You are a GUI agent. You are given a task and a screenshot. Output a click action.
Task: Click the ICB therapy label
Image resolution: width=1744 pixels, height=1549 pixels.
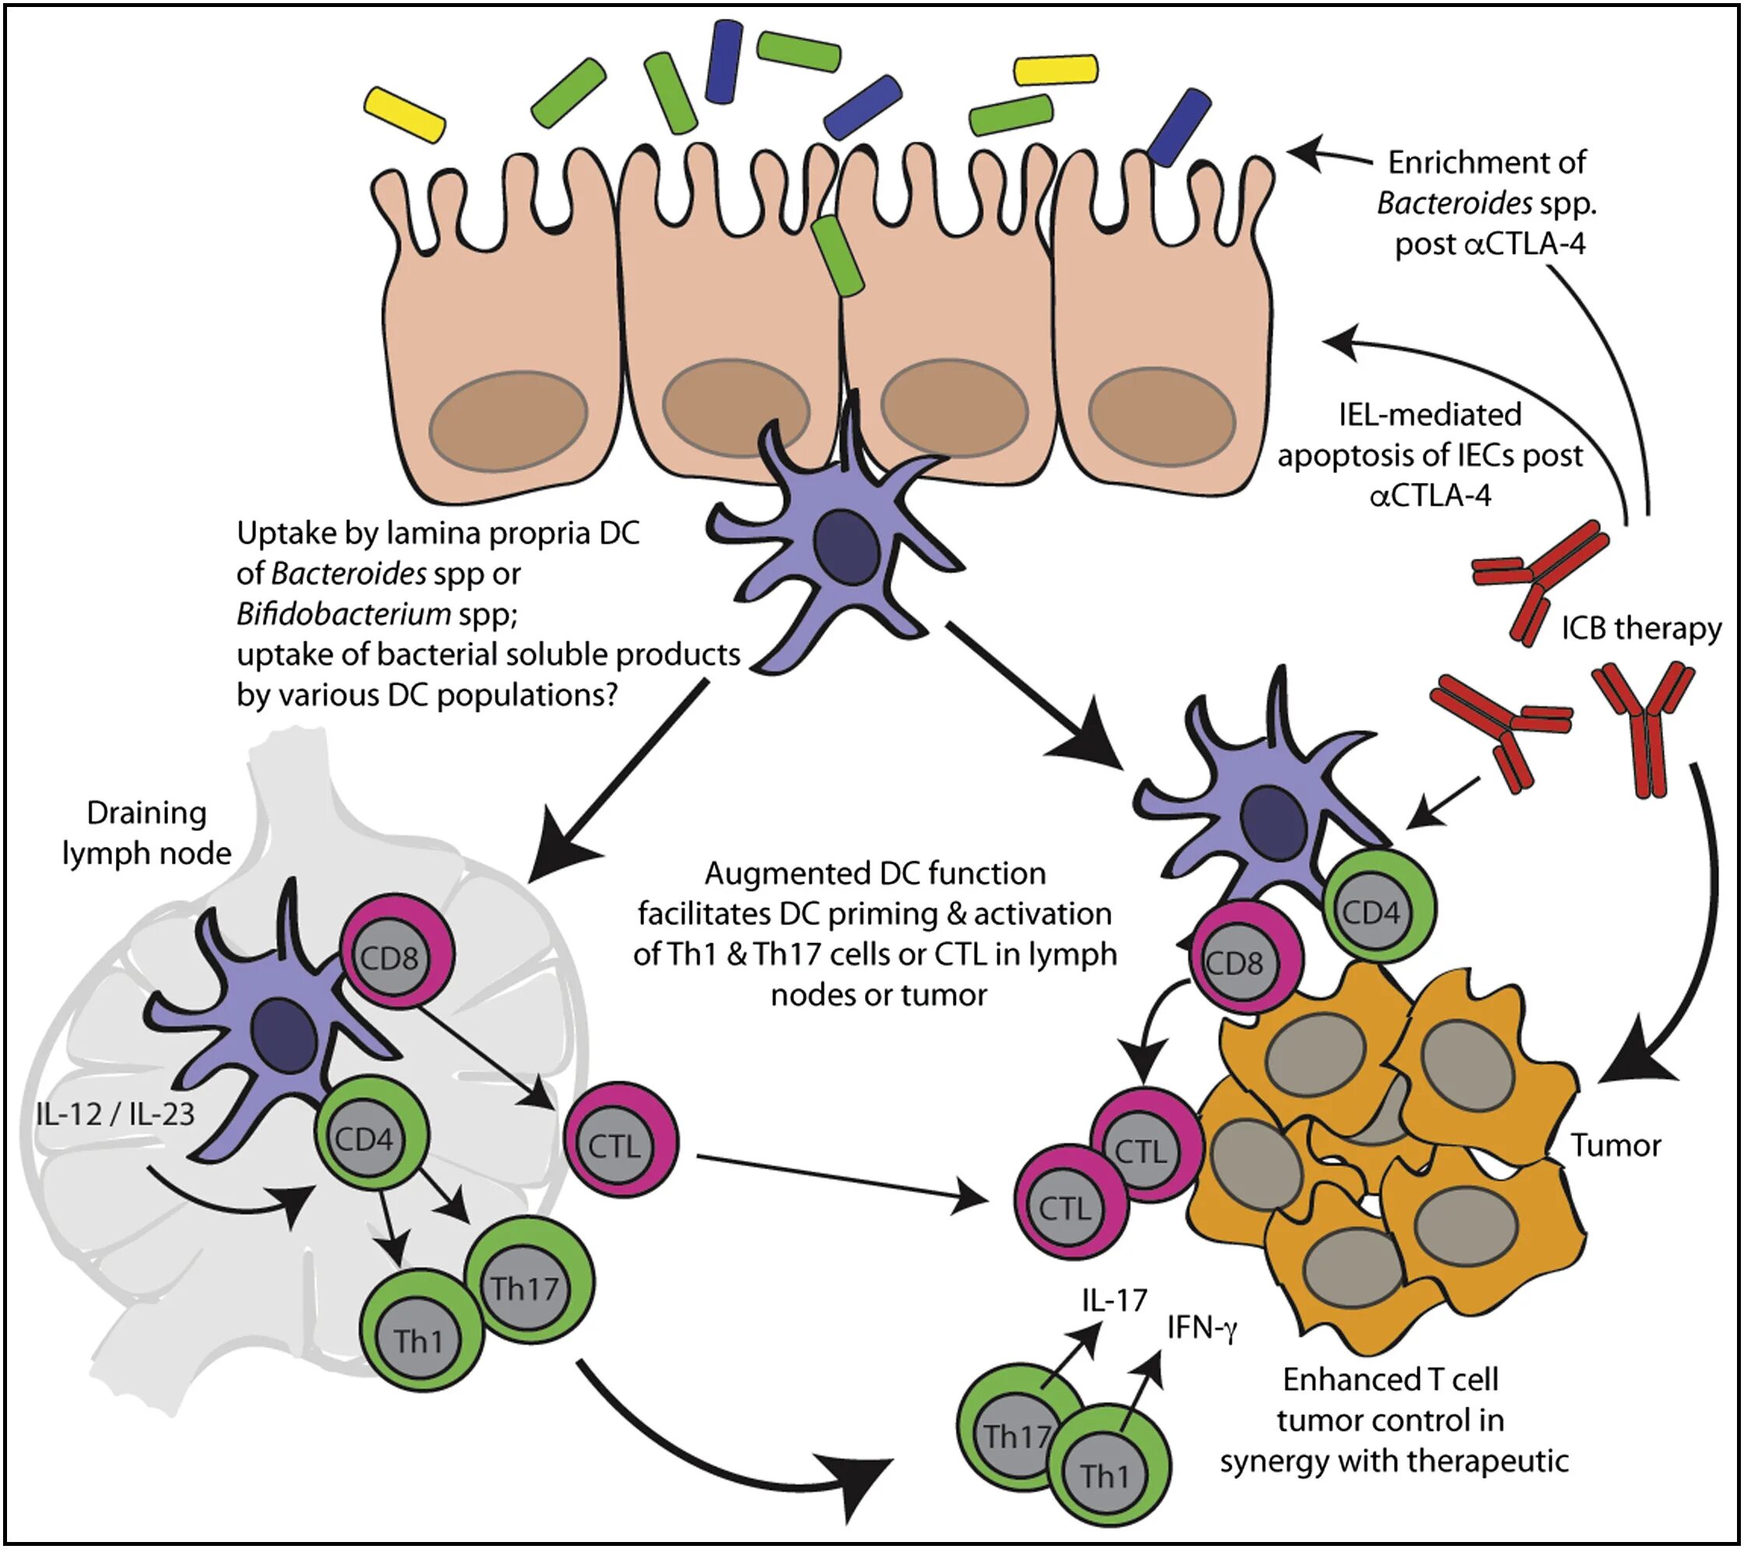[x=1641, y=628]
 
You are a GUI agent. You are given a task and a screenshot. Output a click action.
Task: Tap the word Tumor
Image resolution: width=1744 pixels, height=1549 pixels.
[x=1616, y=1145]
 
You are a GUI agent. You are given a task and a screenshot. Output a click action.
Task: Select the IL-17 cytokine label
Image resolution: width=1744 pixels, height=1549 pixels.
[x=1115, y=1300]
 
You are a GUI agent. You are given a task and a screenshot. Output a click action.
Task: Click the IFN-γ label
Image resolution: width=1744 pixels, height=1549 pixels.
[x=1201, y=1327]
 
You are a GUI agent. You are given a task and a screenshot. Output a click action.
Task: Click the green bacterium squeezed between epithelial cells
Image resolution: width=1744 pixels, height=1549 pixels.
[x=837, y=255]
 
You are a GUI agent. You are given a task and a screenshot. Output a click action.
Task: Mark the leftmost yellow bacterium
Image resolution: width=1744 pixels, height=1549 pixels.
[x=404, y=114]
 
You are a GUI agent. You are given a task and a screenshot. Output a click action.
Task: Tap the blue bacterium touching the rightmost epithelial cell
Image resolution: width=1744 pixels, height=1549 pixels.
[x=1178, y=126]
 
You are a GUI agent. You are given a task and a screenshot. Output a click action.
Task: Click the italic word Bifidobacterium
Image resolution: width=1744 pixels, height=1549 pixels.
[x=344, y=613]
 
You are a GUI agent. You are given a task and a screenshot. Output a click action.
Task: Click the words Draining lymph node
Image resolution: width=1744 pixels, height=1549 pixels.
[x=147, y=833]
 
